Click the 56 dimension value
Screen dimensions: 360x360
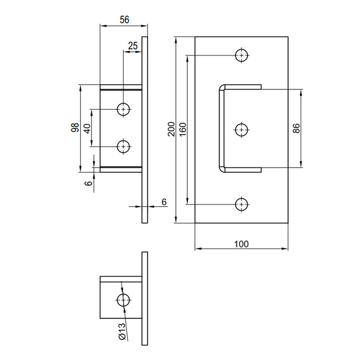(125, 19)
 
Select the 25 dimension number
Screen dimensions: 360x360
(133, 46)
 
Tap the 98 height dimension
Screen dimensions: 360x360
(75, 128)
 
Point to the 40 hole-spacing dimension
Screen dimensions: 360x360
(87, 129)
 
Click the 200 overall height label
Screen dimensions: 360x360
(171, 129)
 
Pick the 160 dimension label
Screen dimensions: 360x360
(183, 130)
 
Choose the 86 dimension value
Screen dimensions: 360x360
(296, 128)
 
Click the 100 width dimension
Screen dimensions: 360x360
(241, 244)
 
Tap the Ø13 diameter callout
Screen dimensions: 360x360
(122, 332)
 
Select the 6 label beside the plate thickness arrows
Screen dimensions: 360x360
(164, 202)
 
